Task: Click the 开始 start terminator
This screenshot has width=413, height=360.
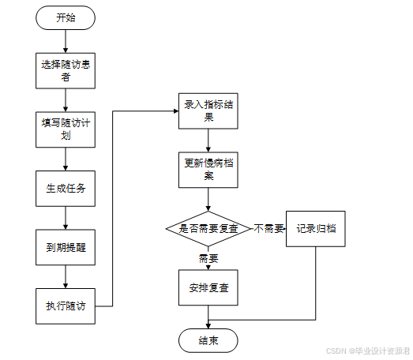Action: pos(66,17)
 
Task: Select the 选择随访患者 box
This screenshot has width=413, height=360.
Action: pos(66,70)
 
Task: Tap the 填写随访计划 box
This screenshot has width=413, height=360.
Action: pos(66,129)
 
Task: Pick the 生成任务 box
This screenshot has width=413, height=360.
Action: pos(66,189)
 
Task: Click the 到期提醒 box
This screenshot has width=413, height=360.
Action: pos(66,247)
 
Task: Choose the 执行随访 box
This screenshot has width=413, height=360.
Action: pos(66,306)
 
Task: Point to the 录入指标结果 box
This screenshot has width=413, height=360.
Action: pos(208,111)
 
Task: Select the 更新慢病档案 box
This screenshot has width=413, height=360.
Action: pos(208,170)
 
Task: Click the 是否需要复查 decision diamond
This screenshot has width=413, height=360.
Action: pos(208,229)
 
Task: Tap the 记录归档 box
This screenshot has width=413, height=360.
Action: pos(316,229)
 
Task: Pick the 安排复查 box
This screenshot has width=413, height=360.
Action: pos(208,287)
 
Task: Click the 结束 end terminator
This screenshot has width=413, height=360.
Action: pos(208,340)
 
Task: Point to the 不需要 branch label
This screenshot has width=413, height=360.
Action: pos(268,229)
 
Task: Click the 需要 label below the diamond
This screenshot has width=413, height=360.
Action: pos(208,259)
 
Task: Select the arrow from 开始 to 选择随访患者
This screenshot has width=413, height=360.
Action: pos(66,41)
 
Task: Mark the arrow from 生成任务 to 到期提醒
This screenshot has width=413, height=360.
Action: pos(66,218)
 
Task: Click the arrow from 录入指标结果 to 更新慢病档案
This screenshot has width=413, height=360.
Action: pos(208,141)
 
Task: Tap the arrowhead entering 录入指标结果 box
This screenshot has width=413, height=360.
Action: pos(176,111)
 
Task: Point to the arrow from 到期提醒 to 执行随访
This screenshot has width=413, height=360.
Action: pos(66,277)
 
